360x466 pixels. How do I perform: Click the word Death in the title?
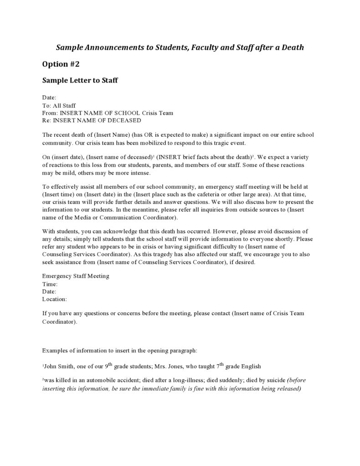[x=292, y=47]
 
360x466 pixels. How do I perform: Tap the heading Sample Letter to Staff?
[x=80, y=81]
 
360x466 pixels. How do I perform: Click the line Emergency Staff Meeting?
[x=76, y=276]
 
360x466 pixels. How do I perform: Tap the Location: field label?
[x=55, y=299]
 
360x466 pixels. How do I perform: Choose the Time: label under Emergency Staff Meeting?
[x=50, y=284]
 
